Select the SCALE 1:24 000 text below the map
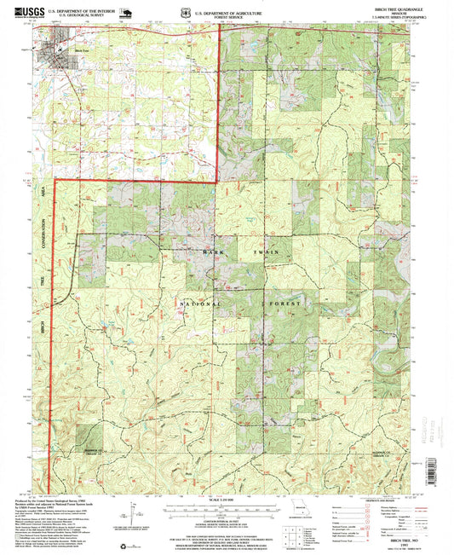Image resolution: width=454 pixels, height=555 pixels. click(222, 498)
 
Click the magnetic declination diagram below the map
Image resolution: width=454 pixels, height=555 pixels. click(134, 513)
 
